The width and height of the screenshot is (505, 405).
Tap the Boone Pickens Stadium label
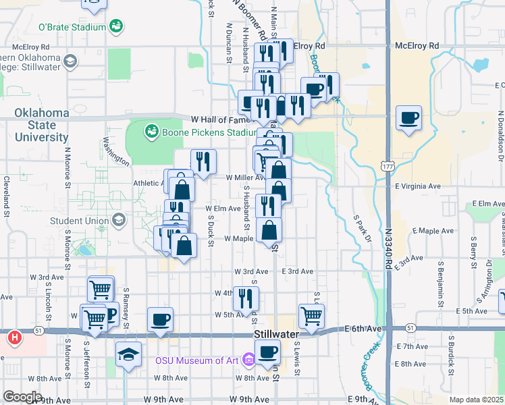click(201, 132)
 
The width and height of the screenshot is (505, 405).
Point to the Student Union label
click(79, 220)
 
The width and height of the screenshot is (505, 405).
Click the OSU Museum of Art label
click(196, 360)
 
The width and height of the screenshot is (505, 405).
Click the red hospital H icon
click(14, 336)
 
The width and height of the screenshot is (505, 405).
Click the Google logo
click(22, 397)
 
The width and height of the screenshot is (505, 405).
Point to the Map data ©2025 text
click(477, 400)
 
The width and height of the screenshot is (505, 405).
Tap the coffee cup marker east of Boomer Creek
click(409, 118)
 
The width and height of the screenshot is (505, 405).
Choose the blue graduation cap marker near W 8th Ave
click(128, 353)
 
